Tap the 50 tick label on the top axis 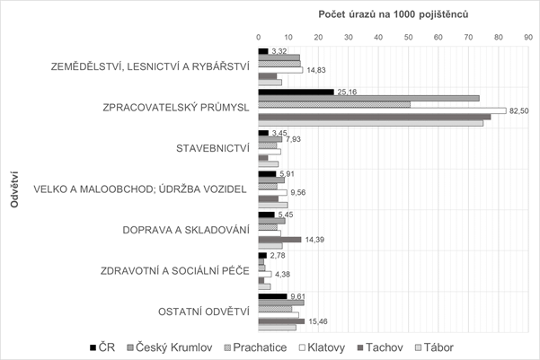point(408,37)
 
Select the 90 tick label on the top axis point(527,37)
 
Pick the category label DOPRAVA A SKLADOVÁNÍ point(185,229)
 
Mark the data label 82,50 point(520,110)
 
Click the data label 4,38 point(283,274)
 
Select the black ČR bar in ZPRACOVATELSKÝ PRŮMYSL point(296,92)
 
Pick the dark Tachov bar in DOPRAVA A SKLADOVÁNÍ point(279,239)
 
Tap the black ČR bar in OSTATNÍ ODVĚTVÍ point(272,295)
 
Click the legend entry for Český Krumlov point(167,347)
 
